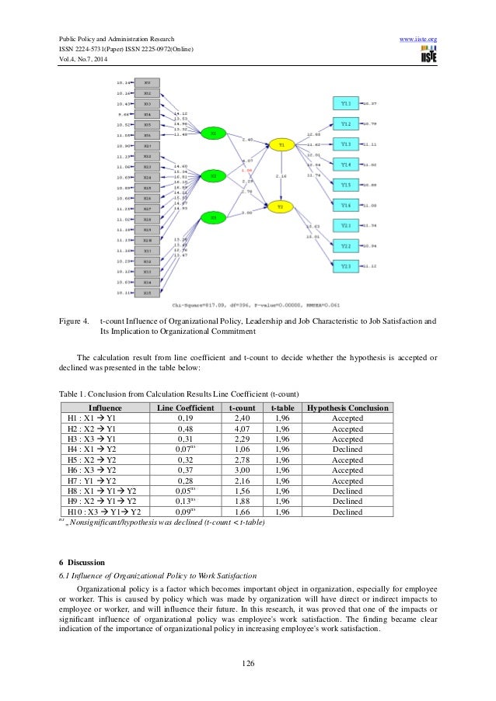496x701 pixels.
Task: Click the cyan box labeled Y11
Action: (347, 102)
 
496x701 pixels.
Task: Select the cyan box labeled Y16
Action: (347, 205)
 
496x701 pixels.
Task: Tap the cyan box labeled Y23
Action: (347, 265)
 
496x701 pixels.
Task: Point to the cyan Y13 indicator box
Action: (347, 144)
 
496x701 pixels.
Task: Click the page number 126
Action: (248, 663)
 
